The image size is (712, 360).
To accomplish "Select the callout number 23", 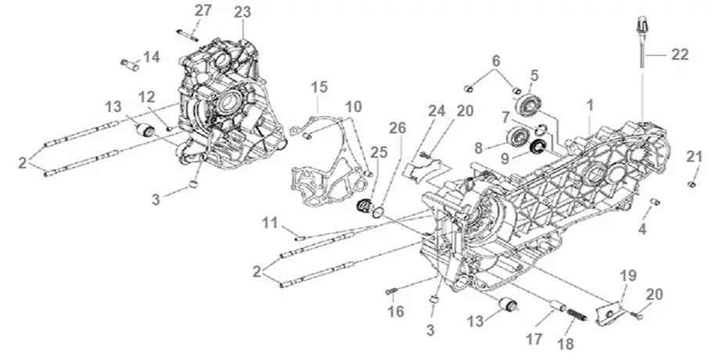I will pos(243,11).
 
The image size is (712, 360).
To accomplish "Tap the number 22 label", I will pos(680,55).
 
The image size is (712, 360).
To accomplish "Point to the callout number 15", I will pos(318,85).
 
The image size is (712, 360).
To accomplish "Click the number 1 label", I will pos(591,103).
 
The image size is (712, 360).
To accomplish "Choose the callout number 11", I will pos(270,224).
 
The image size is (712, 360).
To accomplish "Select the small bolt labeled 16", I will pos(391,291).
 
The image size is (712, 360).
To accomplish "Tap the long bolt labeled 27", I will pos(189,32).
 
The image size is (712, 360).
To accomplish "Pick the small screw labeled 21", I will pos(691,184).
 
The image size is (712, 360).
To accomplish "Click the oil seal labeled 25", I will pos(363,207).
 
